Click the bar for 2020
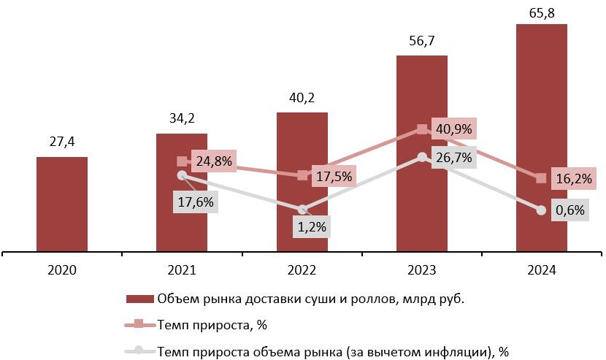click(62, 204)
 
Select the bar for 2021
click(182, 219)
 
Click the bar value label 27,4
click(62, 140)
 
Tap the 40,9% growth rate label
click(453, 129)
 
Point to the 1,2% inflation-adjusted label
click(312, 227)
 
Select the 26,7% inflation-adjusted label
click(453, 158)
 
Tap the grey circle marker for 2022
click(302, 210)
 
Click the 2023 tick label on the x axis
click(422, 270)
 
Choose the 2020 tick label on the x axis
click(62, 270)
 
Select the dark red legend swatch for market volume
click(140, 299)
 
